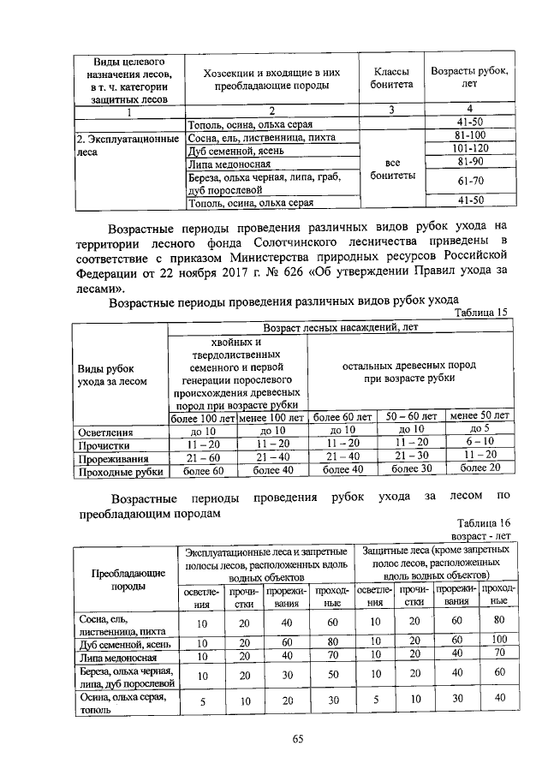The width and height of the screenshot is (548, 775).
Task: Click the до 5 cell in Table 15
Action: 479,429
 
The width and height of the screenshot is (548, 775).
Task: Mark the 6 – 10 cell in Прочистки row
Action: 479,443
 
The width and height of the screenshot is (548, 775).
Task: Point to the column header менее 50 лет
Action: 479,416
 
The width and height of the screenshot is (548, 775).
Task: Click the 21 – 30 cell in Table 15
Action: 412,456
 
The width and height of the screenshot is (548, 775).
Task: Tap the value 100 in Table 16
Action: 499,641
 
